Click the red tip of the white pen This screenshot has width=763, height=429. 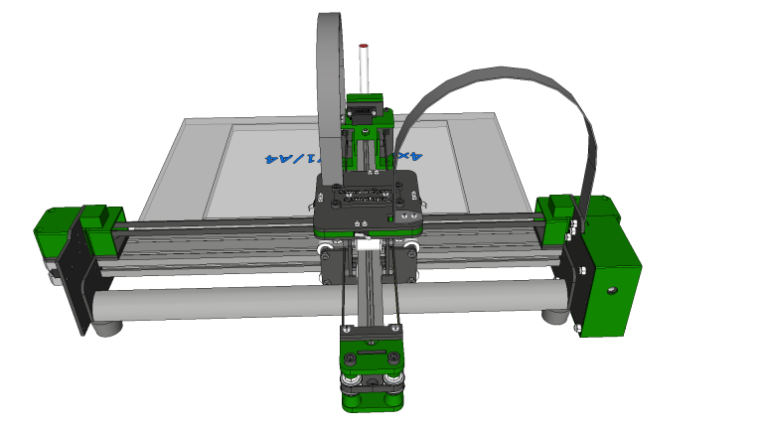364,46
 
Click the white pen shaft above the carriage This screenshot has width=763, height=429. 364,71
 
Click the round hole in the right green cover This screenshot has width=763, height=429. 612,290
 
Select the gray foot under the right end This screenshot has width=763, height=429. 556,316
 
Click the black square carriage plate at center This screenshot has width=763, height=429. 368,204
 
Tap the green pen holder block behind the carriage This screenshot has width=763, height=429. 365,109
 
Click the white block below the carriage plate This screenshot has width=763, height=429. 365,243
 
